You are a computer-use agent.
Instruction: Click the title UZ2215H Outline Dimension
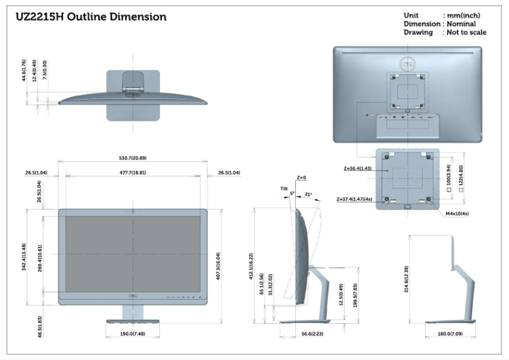click(x=91, y=17)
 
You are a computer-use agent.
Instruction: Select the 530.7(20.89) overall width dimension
click(x=132, y=157)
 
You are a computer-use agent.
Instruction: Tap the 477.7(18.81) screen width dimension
click(x=132, y=172)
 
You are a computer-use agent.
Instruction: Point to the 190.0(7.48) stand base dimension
click(x=133, y=333)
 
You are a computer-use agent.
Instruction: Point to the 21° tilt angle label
click(x=308, y=194)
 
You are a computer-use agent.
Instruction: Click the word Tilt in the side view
click(x=284, y=189)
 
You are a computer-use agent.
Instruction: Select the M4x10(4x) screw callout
click(x=456, y=213)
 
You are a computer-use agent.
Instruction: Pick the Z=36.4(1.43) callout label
click(x=357, y=169)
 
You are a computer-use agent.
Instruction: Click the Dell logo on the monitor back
click(x=407, y=64)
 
